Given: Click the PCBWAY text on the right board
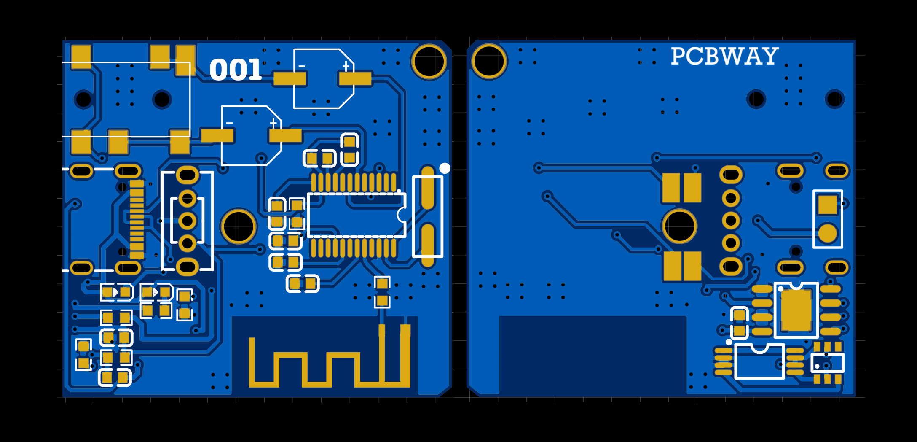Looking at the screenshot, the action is tap(724, 56).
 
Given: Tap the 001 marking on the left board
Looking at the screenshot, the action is tap(236, 70).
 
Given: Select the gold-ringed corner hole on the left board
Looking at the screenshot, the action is tap(429, 62).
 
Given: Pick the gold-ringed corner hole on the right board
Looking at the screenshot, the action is tap(489, 61).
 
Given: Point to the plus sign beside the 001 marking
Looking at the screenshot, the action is tap(346, 66).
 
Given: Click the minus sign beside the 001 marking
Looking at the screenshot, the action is tap(302, 66).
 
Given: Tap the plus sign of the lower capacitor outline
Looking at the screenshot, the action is tap(273, 123).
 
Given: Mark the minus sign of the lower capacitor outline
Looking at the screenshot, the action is tap(229, 123).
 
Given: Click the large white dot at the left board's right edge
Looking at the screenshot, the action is tap(445, 168).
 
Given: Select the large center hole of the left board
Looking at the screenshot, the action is tap(239, 226).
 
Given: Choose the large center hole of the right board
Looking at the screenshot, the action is tap(679, 226).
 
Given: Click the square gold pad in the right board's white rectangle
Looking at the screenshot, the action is tap(828, 205).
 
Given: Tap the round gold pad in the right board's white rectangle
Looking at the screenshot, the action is tap(828, 234).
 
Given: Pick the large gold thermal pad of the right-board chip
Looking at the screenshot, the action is tap(796, 310).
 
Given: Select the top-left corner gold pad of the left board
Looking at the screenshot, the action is tap(81, 57).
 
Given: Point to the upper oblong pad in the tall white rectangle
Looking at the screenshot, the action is tap(428, 188).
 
